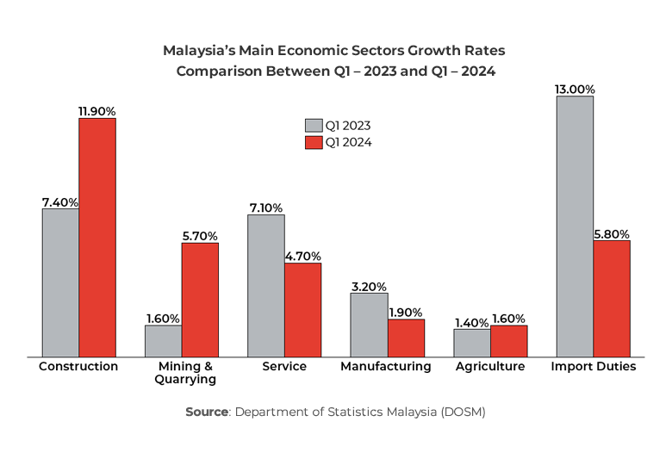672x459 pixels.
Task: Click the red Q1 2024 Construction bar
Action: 97,237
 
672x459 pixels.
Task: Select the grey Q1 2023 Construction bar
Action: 60,282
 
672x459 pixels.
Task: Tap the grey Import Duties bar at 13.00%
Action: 575,226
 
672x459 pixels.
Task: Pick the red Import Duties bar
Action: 612,298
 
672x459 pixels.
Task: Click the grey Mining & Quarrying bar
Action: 163,340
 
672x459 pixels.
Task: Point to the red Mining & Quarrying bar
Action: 200,300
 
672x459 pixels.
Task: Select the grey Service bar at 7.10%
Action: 266,285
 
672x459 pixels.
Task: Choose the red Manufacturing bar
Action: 406,338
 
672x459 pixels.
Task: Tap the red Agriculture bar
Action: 509,340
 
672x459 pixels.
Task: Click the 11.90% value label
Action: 97,111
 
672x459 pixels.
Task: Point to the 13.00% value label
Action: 575,90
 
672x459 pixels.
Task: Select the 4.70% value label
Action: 303,256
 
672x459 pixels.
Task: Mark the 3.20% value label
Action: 369,287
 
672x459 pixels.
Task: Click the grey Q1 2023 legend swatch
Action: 314,126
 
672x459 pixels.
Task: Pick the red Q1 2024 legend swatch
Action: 314,143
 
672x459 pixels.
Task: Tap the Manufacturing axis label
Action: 386,367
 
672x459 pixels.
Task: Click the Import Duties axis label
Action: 594,367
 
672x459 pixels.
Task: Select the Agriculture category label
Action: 490,367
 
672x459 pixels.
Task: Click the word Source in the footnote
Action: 207,412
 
